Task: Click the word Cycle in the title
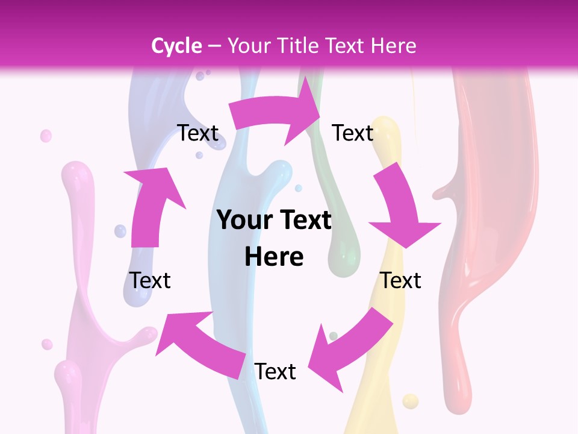coord(176,46)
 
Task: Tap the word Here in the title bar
coord(394,46)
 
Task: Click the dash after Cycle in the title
coord(214,46)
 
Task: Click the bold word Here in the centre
coord(274,257)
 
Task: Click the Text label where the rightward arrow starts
coord(197,133)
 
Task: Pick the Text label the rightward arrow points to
coord(353,133)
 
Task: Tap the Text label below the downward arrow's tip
coord(401,280)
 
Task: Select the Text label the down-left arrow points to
coord(275,372)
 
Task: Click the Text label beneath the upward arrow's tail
coord(151,280)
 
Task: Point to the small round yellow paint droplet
coord(410,401)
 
